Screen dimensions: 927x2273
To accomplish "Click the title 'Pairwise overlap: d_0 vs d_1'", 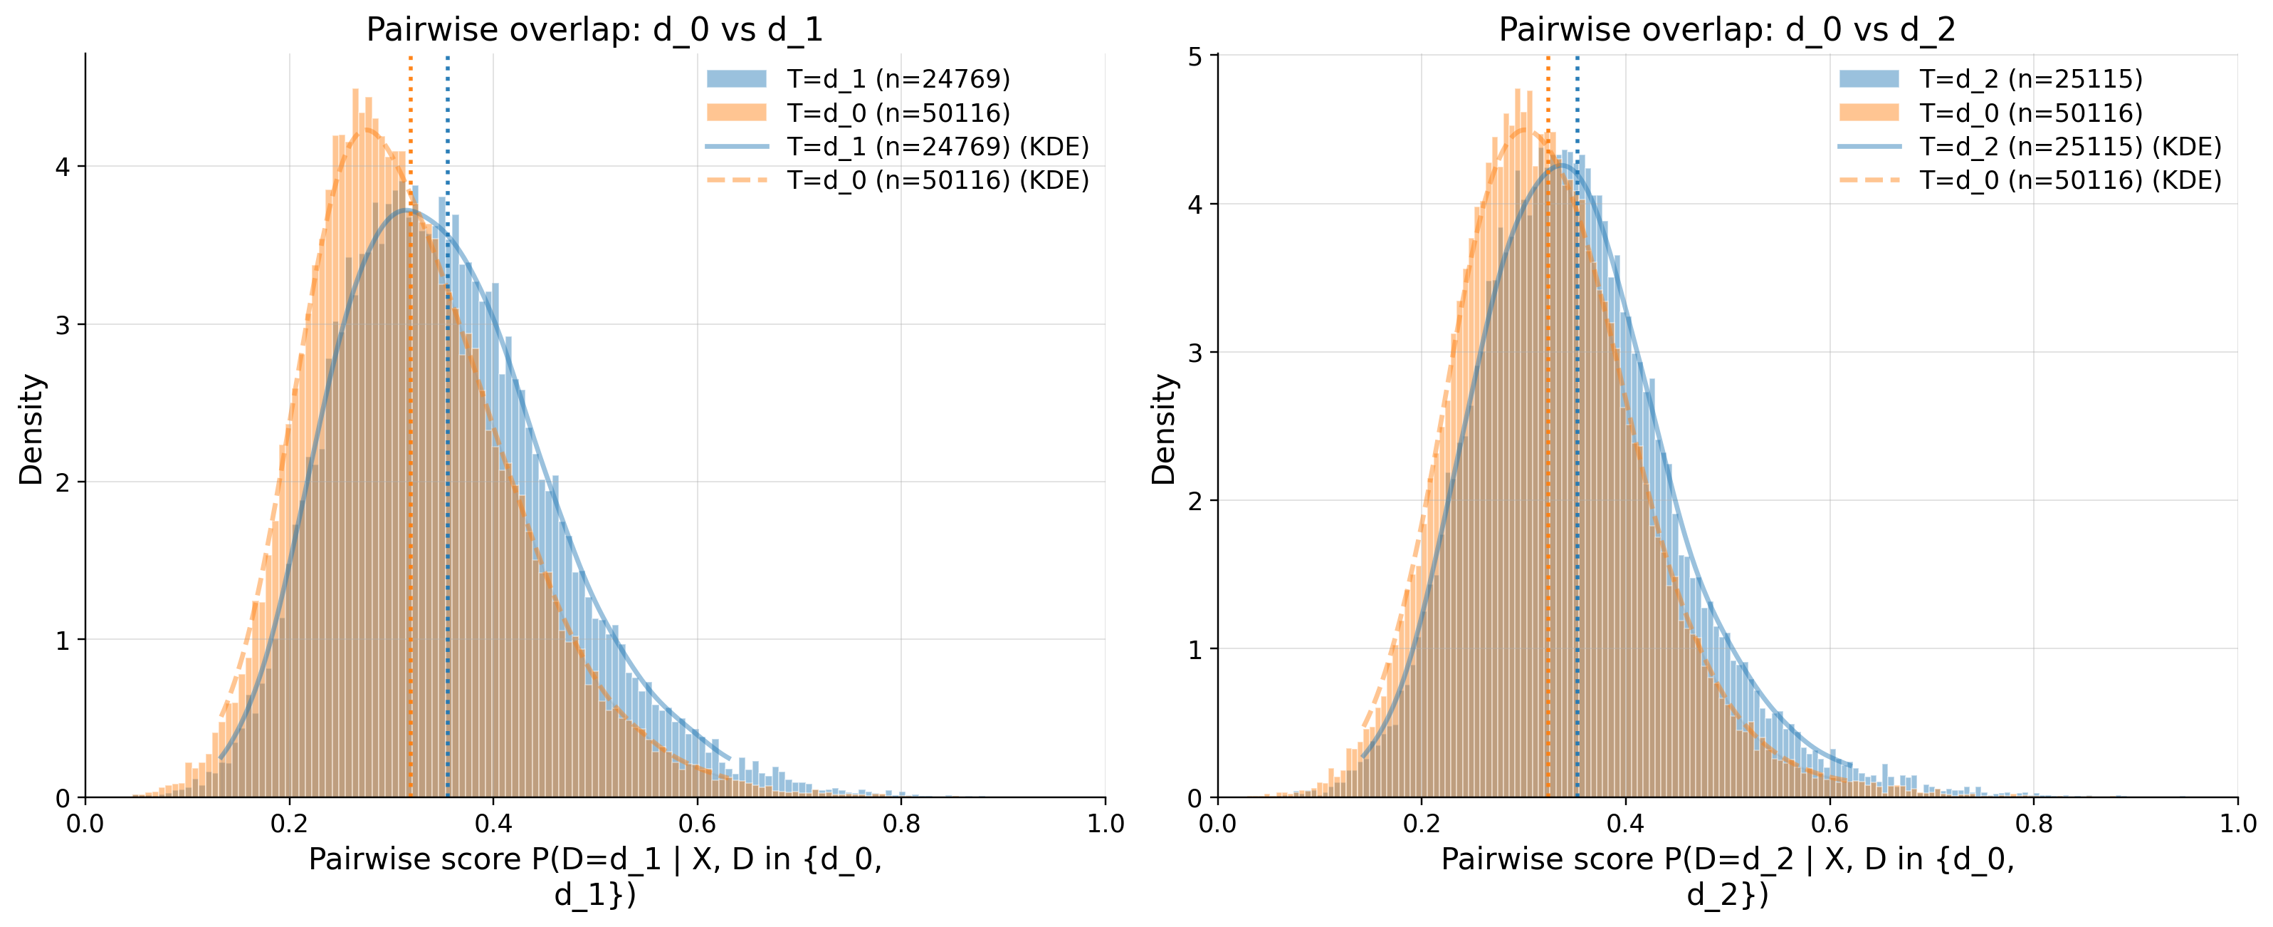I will point(594,30).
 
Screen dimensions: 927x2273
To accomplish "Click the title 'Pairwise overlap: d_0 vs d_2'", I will point(1727,30).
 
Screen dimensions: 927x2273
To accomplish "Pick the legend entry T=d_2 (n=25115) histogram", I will point(2030,80).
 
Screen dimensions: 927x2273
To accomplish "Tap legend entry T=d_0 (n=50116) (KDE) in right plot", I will point(2070,180).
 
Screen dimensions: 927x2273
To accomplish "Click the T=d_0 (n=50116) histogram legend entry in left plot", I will point(898,113).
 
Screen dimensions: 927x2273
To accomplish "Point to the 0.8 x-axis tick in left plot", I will point(901,824).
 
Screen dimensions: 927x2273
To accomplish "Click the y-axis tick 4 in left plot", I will point(63,167).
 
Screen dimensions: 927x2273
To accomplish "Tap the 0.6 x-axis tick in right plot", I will point(1830,824).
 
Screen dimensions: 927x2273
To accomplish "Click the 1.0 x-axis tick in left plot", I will point(1105,824).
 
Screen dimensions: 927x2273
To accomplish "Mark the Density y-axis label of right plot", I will point(1164,429).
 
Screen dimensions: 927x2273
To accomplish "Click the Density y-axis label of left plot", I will point(31,429).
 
